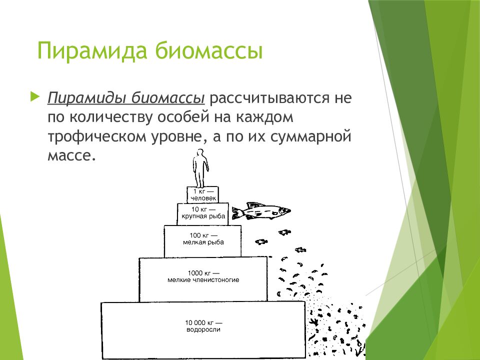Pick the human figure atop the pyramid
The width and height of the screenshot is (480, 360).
point(200,168)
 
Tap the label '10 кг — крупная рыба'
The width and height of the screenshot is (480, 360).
point(203,213)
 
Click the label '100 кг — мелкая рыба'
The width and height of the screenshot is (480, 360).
point(203,238)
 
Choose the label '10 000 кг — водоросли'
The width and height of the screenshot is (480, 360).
point(203,326)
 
